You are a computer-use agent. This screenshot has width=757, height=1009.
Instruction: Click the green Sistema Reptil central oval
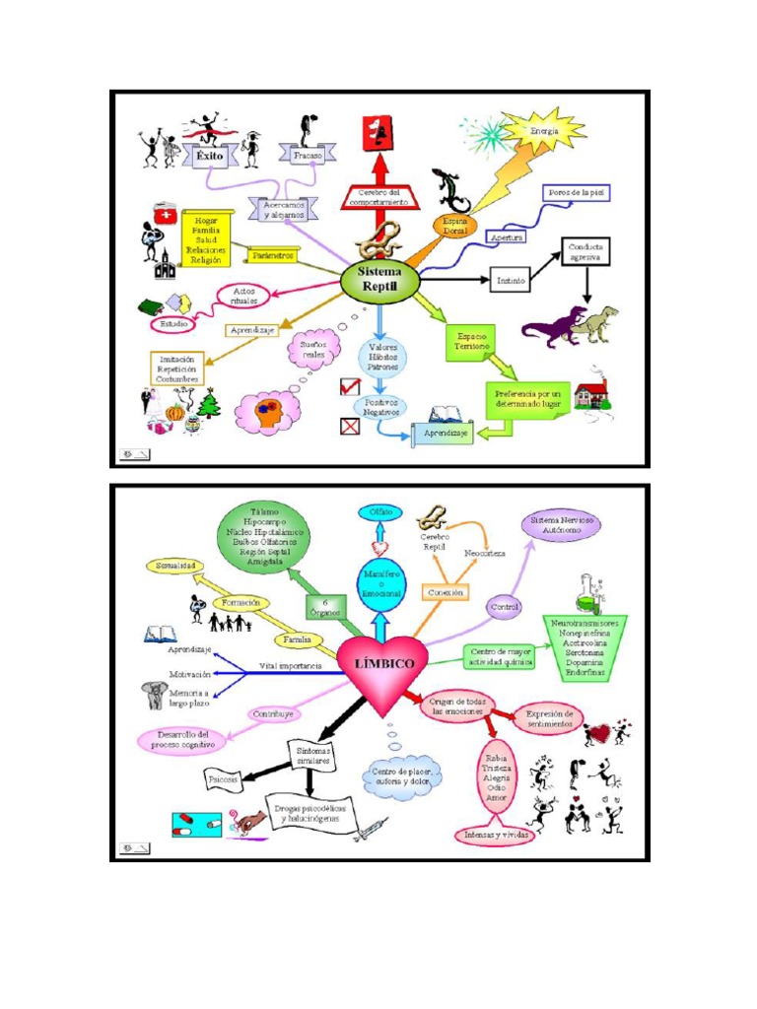[380, 280]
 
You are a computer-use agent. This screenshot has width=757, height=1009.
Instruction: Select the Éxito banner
[209, 155]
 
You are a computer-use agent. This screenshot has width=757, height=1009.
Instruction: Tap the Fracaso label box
[309, 155]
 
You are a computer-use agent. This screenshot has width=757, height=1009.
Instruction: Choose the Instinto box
[511, 281]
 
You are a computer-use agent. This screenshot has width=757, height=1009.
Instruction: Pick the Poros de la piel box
[576, 193]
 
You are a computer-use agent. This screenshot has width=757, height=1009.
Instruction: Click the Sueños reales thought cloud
[312, 350]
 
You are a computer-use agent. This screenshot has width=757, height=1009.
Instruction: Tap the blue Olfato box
[379, 512]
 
